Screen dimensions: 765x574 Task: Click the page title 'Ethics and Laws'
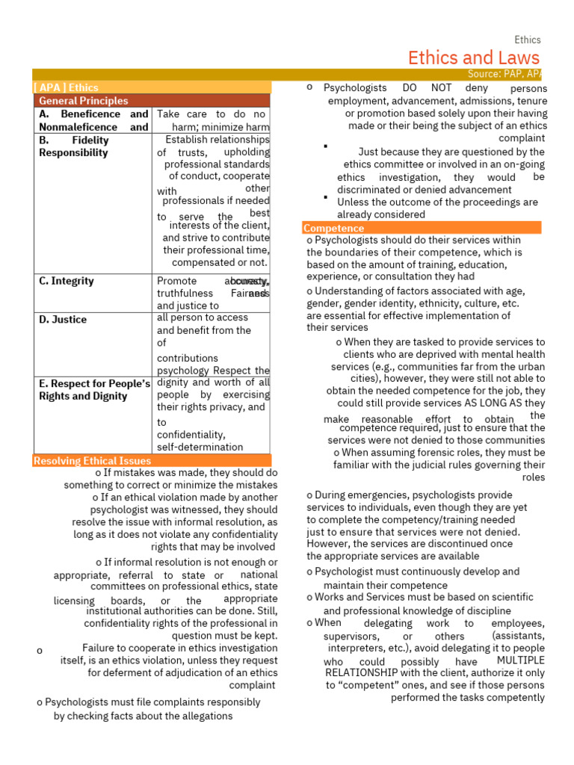[x=474, y=58]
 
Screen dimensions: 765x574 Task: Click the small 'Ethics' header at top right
[x=527, y=40]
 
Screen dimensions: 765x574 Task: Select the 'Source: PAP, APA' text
[x=504, y=74]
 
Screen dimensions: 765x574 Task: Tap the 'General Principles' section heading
[x=83, y=100]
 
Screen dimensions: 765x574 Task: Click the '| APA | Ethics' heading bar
[x=67, y=87]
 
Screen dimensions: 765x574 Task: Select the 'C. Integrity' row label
[x=67, y=281]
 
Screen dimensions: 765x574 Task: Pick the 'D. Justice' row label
[x=63, y=319]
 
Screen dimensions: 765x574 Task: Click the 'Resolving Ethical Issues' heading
[x=92, y=460]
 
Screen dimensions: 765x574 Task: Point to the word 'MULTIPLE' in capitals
[x=520, y=661]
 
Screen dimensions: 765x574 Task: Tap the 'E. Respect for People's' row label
[x=95, y=383]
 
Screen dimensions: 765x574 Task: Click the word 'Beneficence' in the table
[x=90, y=114]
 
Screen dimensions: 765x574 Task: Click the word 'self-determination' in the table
[x=200, y=447]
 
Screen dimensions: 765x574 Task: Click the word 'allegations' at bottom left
[x=206, y=716]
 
